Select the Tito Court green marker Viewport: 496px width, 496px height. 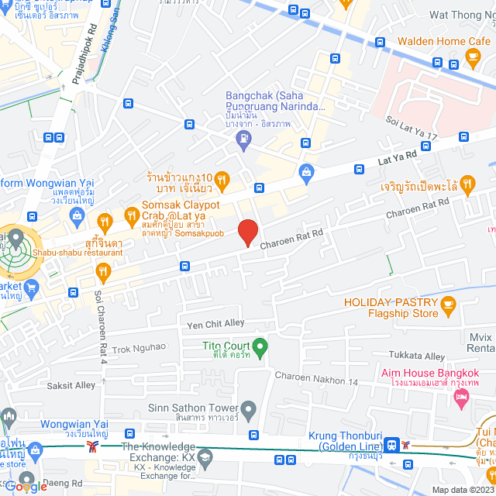[260, 346]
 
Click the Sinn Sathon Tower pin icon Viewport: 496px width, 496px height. [249, 408]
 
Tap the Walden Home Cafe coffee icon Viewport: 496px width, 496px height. [473, 56]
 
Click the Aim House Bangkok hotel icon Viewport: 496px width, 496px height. [461, 398]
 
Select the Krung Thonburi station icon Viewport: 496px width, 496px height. [392, 443]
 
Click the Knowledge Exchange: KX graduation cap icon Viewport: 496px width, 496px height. [205, 458]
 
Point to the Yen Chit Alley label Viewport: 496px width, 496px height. [215, 322]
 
